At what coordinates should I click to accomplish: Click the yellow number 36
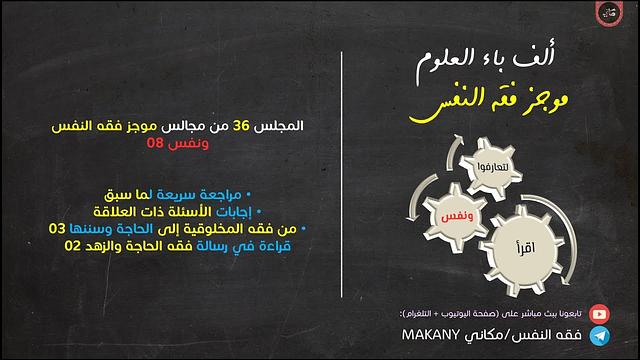[242, 128]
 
